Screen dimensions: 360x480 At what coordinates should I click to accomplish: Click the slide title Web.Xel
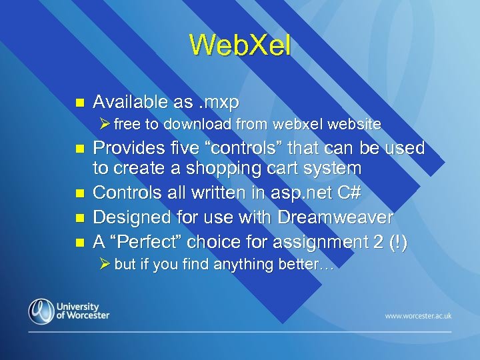coord(239,45)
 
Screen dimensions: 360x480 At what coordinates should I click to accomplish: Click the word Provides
coord(125,148)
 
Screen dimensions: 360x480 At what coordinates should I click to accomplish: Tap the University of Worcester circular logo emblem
coord(41,311)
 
